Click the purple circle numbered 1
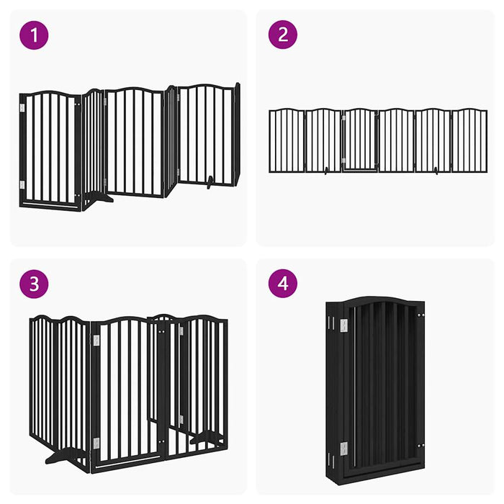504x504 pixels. (x=34, y=35)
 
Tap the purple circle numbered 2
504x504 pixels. (x=283, y=35)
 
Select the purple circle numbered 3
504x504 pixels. (x=34, y=284)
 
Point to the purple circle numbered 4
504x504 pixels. (x=283, y=284)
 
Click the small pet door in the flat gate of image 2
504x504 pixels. (x=359, y=160)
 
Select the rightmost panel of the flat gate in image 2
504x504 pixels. (x=469, y=140)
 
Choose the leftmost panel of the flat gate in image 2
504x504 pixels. (x=287, y=140)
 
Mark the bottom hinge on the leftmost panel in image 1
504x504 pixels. (x=22, y=185)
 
